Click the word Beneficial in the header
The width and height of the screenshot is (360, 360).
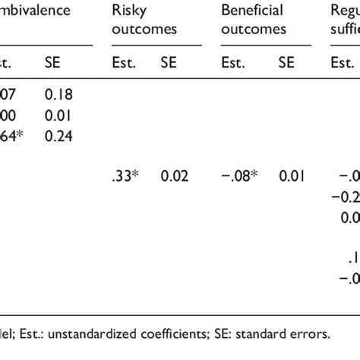pyautogui.click(x=252, y=11)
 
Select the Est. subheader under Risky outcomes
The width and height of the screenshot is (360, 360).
pyautogui.click(x=123, y=63)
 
